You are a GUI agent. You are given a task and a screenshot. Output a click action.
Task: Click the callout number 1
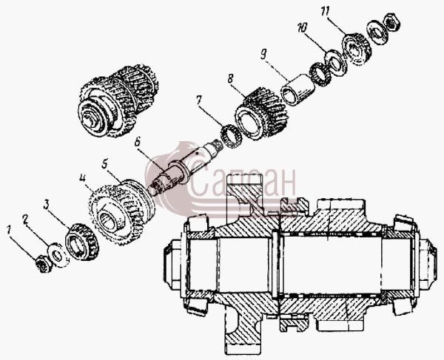pyautogui.click(x=9, y=230)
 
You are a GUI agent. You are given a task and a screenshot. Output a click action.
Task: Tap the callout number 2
pyautogui.click(x=26, y=220)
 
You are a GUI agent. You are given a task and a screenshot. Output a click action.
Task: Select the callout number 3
pyautogui.click(x=47, y=205)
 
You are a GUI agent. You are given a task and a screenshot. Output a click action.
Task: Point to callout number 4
pyautogui.click(x=82, y=179)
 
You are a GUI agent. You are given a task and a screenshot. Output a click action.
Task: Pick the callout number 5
pyautogui.click(x=105, y=164)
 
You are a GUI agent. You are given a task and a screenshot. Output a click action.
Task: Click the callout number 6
pyautogui.click(x=138, y=142)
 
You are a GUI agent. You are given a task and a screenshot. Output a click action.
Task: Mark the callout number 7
pyautogui.click(x=198, y=101)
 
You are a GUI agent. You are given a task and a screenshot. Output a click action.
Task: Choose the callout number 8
pyautogui.click(x=231, y=79)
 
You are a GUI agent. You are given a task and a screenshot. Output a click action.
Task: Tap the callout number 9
pyautogui.click(x=263, y=55)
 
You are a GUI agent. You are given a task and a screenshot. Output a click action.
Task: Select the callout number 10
pyautogui.click(x=302, y=28)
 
